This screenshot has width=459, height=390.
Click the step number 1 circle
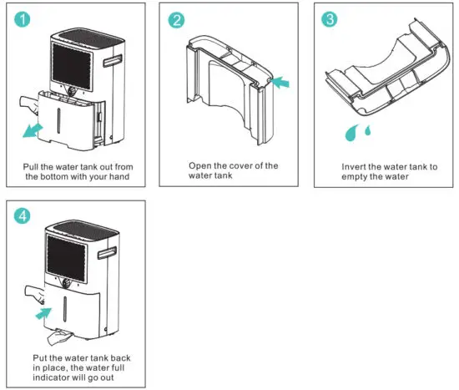pos(23,19)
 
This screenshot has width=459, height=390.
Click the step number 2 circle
pos(176,20)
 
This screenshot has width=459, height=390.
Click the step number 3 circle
pos(330,19)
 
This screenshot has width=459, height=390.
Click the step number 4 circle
pos(23,216)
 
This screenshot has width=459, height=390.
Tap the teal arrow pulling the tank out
pos(33,130)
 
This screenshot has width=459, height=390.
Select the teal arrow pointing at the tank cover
pos(280,82)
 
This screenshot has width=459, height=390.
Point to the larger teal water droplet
pos(351,133)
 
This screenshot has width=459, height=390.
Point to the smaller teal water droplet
pos(368,130)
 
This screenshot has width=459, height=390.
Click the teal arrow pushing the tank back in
pos(43,313)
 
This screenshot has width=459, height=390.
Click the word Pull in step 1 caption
pos(31,167)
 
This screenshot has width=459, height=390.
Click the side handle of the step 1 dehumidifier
pos(113,61)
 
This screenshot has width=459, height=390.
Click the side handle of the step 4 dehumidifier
pos(107,252)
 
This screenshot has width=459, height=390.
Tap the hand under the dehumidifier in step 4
pos(59,337)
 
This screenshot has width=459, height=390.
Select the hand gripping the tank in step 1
pos(29,104)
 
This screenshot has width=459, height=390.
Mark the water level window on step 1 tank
pos(59,121)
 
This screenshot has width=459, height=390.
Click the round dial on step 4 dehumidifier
pos(67,283)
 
